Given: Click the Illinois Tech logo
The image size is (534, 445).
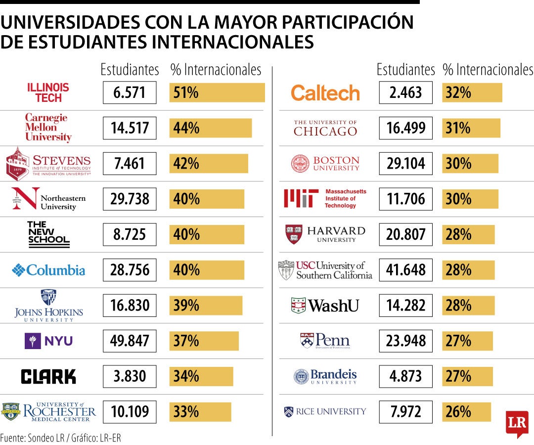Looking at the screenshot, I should pyautogui.click(x=48, y=93).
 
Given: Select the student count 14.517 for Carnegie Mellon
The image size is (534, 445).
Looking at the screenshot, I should pyautogui.click(x=130, y=128).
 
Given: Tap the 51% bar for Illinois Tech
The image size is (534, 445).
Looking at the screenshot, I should pyautogui.click(x=217, y=92).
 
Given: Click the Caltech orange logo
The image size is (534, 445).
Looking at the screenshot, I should pyautogui.click(x=325, y=93).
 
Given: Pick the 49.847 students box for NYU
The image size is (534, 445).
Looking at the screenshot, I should pyautogui.click(x=130, y=341).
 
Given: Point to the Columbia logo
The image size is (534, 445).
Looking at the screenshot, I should pyautogui.click(x=48, y=270).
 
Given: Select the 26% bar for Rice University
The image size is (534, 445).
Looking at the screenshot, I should pyautogui.click(x=466, y=412).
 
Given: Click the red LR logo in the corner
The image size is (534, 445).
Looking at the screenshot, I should pyautogui.click(x=517, y=424).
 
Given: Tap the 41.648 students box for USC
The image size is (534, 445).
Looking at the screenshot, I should pyautogui.click(x=405, y=270).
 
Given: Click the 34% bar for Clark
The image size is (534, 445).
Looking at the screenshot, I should pyautogui.click(x=201, y=376).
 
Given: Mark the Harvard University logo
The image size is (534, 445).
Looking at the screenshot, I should pyautogui.click(x=325, y=234).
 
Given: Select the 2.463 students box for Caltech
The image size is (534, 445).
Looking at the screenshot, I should pyautogui.click(x=405, y=92).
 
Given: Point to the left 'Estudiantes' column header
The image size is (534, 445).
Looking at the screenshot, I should pyautogui.click(x=130, y=70).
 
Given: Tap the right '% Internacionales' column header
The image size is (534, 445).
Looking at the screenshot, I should pyautogui.click(x=488, y=70).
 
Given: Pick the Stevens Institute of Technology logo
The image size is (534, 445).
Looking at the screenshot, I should pyautogui.click(x=48, y=164).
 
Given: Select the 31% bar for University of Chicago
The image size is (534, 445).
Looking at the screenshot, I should pyautogui.click(x=471, y=128).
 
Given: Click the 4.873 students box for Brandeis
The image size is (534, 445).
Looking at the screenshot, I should pyautogui.click(x=405, y=376).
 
